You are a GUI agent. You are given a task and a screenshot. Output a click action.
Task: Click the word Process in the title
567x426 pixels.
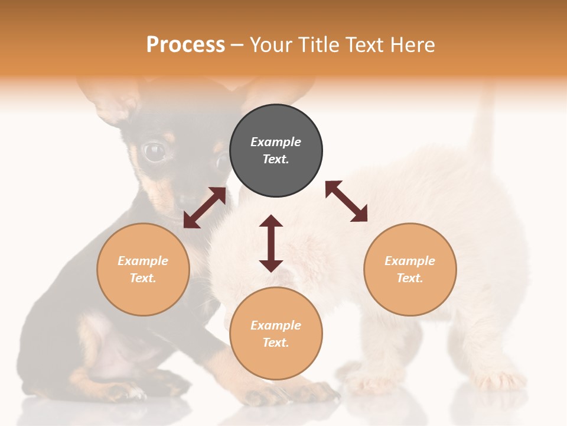185,45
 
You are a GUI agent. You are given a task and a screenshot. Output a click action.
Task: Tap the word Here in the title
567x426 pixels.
411,45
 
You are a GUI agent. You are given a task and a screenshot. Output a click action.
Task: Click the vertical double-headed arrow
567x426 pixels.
271,244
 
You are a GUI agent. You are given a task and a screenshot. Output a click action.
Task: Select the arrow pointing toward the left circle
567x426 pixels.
204,208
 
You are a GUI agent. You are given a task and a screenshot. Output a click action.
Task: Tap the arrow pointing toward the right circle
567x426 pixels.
347,201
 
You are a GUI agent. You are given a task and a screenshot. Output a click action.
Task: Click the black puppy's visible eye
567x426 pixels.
155,152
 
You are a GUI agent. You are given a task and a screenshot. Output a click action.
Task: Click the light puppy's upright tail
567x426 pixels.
484,124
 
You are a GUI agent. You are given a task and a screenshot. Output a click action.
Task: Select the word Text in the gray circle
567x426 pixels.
275,159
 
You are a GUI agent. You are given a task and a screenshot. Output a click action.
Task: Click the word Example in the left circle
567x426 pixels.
143,261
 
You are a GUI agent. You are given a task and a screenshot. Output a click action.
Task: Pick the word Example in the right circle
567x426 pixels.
410,261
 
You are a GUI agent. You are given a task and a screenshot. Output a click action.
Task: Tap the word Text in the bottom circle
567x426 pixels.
275,343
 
